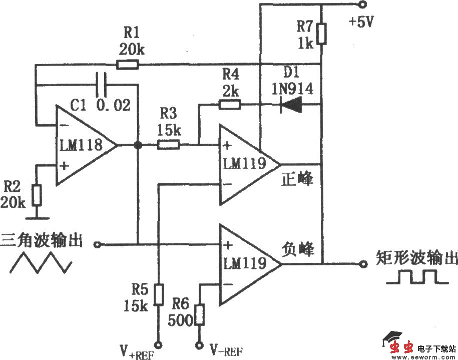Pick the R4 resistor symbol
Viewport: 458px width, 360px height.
[x=230, y=105]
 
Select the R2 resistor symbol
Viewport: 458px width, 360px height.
[x=36, y=196]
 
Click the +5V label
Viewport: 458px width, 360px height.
[x=364, y=23]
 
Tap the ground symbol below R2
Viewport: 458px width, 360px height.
[x=36, y=217]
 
